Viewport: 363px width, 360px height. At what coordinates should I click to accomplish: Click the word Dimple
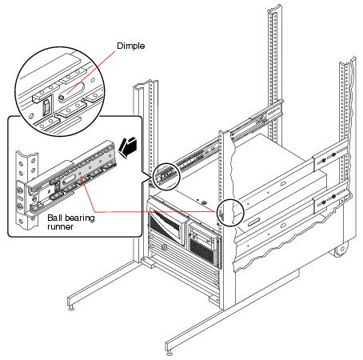coord(131,46)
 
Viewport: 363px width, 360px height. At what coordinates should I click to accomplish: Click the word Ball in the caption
coord(54,218)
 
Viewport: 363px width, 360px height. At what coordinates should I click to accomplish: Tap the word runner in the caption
coord(61,226)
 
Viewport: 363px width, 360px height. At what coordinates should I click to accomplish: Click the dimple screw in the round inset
coord(62,97)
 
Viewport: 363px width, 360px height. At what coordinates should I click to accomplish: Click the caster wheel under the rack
coord(341,250)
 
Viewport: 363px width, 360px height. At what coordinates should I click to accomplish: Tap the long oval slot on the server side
coord(254,222)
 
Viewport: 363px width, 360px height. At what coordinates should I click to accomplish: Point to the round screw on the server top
coord(204,202)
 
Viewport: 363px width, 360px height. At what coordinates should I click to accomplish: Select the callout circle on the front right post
coord(230,213)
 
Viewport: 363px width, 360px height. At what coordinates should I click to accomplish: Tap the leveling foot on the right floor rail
coord(170,352)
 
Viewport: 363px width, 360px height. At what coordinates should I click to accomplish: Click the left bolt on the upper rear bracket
coord(323,161)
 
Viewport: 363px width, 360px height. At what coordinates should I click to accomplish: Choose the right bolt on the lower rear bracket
coord(333,197)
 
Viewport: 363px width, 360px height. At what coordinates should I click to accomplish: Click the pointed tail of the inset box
coord(147,178)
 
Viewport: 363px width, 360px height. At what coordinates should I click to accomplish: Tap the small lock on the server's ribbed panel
coord(165,247)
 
